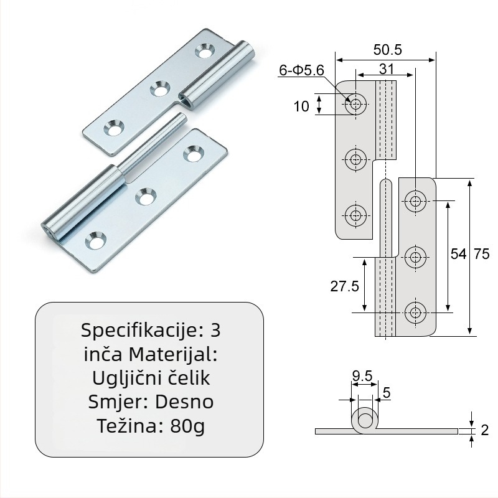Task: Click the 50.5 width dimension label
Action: (x=387, y=50)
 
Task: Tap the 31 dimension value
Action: (x=387, y=69)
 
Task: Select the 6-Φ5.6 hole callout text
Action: (x=301, y=70)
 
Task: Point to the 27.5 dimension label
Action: (x=345, y=286)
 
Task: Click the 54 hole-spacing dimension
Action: (x=459, y=254)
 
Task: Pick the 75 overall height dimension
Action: (x=481, y=254)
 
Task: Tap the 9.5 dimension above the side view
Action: (x=362, y=376)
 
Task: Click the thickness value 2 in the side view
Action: (x=485, y=430)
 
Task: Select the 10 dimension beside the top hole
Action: (x=301, y=106)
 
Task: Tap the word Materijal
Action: (x=173, y=354)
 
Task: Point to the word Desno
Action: (x=184, y=402)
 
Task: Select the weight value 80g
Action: (x=187, y=426)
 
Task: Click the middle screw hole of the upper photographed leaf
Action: (x=160, y=88)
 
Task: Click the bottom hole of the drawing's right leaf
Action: (x=415, y=312)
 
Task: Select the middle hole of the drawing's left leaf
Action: (x=355, y=159)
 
